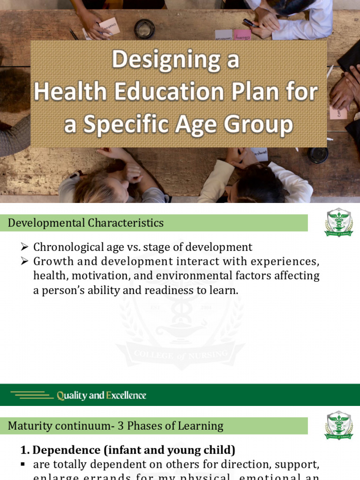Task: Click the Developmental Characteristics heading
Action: tap(86, 223)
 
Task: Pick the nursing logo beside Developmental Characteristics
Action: tap(338, 223)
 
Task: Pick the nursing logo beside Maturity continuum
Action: tap(338, 426)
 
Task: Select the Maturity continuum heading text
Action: tap(115, 426)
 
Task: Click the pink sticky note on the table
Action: tap(242, 35)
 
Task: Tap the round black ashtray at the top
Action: tap(144, 29)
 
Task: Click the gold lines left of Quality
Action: tap(32, 395)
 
